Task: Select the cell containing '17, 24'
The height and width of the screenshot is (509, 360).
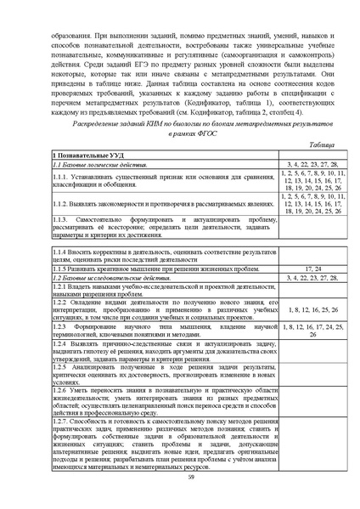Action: (312, 269)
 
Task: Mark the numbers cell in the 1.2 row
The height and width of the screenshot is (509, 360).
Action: (312, 278)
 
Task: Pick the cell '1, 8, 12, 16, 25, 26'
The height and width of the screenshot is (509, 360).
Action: (312, 309)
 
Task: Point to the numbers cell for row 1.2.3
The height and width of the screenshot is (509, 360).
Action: (312, 331)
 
